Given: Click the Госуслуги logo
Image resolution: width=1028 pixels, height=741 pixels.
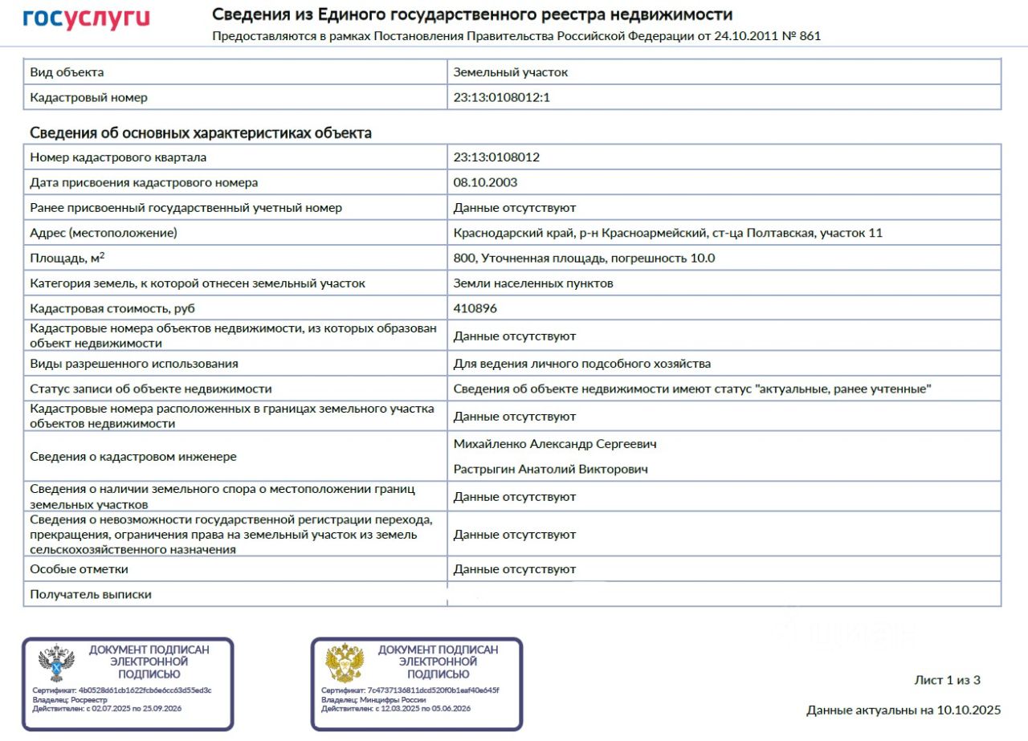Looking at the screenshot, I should tap(86, 19).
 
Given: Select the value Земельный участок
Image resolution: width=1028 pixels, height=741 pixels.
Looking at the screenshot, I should tap(510, 72).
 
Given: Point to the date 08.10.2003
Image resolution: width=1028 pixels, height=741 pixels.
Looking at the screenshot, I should tap(485, 182).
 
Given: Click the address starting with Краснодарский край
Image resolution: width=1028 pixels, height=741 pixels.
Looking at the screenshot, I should tap(667, 233).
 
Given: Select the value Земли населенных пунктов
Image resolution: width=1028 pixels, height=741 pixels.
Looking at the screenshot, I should tap(533, 283).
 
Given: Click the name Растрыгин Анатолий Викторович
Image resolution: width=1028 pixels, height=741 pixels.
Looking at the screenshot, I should tap(550, 469).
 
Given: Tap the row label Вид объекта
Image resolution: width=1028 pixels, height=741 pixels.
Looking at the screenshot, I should tap(67, 72).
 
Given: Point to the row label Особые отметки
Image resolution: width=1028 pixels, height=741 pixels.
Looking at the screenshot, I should tap(79, 569).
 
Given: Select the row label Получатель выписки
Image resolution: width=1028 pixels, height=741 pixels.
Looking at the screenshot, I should tap(91, 595).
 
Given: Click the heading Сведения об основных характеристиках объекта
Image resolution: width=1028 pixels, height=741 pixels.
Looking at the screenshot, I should tap(200, 133).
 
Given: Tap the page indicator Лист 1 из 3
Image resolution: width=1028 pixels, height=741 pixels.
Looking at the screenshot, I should tap(947, 680).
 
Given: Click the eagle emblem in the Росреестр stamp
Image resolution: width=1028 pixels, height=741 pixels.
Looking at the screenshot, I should tap(56, 663).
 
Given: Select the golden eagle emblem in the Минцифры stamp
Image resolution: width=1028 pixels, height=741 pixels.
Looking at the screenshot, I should tap(345, 663).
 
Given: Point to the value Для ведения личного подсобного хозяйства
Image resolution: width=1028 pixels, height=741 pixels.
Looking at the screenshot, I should tap(581, 364).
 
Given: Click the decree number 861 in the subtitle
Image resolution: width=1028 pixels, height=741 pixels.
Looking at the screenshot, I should tap(810, 36).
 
